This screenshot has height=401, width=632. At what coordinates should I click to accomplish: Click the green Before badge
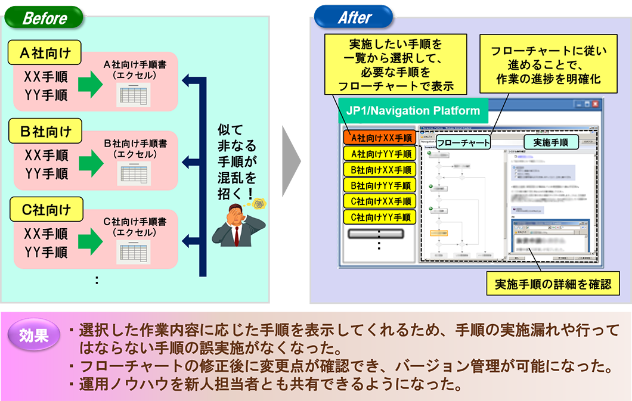(x=45, y=18)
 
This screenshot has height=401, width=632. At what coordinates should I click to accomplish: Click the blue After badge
(x=354, y=18)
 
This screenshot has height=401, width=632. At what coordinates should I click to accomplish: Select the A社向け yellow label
(x=45, y=54)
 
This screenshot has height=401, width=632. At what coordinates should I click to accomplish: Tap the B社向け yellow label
(x=45, y=131)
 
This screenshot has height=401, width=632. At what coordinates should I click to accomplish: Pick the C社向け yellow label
(x=45, y=210)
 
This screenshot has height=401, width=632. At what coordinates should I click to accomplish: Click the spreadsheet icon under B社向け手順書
(x=134, y=173)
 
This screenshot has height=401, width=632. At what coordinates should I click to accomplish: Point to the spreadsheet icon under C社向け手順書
(x=134, y=251)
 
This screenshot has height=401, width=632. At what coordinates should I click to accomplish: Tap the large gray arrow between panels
(x=291, y=161)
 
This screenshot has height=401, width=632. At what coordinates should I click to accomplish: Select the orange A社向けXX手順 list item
(x=380, y=138)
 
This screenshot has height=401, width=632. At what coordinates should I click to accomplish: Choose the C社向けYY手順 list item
(x=380, y=216)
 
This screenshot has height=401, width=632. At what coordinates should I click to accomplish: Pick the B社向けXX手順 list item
(x=380, y=169)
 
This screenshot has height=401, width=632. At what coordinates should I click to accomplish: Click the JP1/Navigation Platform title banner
(x=413, y=111)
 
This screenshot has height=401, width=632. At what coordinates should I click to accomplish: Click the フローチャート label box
(x=463, y=142)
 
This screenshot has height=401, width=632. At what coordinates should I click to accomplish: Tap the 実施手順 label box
(x=551, y=142)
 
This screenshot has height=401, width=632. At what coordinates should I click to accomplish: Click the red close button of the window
(x=594, y=103)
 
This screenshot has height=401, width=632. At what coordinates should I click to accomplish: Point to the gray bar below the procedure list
(x=380, y=234)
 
